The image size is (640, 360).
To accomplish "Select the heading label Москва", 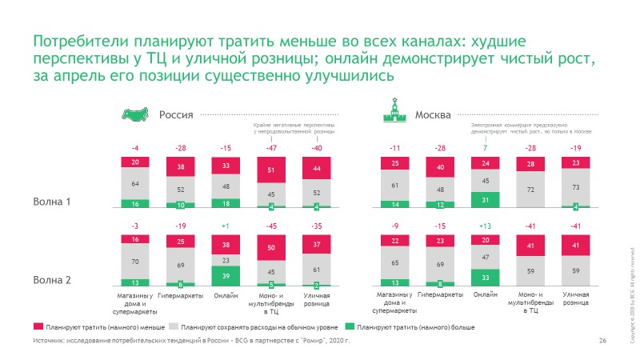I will [x=433, y=114].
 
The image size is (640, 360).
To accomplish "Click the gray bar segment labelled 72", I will [x=527, y=190].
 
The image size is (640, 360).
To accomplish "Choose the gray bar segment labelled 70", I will [x=135, y=261].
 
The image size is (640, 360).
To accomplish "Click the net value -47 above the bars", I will [x=272, y=148].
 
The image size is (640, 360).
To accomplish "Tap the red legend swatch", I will [x=38, y=327].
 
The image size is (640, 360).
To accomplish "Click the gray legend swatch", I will [x=174, y=327].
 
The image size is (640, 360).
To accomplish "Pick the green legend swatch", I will [x=350, y=327].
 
